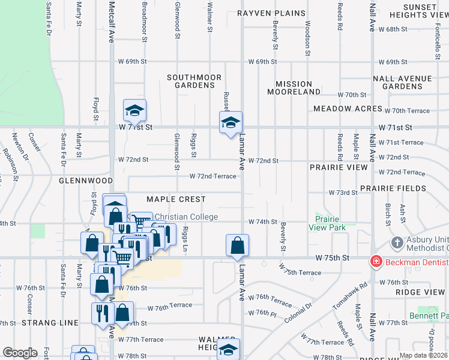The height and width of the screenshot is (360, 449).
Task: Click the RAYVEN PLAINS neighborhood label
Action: [x=271, y=13]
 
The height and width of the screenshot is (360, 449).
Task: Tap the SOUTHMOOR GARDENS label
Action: [x=194, y=82]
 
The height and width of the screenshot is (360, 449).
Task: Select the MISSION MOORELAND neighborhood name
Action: [x=294, y=88]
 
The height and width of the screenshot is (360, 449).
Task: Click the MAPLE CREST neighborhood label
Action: [x=176, y=199]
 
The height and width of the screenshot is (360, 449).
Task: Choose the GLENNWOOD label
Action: [x=86, y=180]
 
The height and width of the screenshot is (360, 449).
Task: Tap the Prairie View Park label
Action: [x=327, y=223]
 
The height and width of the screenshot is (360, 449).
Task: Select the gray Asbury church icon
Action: [x=397, y=243]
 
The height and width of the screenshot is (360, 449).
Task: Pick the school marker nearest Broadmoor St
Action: [x=134, y=110]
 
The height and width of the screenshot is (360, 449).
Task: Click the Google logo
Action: [x=19, y=353]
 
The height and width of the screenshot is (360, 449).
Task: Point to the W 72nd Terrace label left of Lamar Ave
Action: [x=213, y=176]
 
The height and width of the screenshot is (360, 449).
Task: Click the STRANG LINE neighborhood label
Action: [x=50, y=323]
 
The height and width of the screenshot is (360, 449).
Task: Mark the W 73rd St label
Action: [x=343, y=193]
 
